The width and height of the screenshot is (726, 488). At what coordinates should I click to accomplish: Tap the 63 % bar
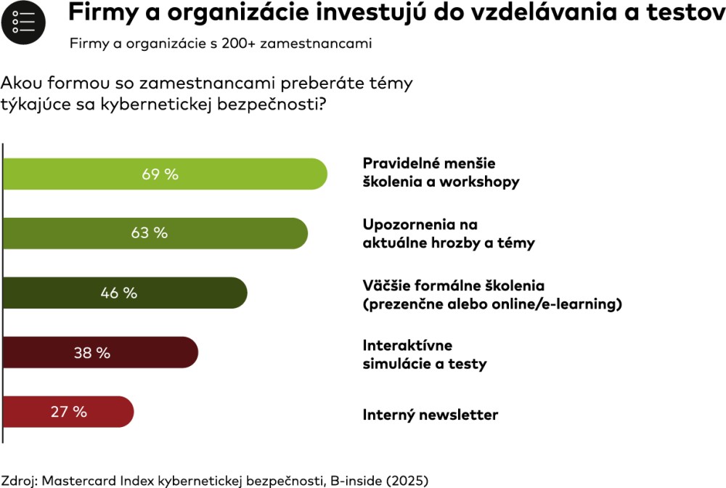click(x=232, y=233)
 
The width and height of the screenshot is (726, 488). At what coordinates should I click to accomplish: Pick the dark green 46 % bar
click(x=189, y=293)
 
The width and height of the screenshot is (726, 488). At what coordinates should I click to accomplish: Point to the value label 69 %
click(x=160, y=174)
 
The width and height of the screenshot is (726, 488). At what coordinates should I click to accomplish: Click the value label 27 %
click(x=69, y=412)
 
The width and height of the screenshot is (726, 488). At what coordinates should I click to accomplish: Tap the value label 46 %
click(x=119, y=293)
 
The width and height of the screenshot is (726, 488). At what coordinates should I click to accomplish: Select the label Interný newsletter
click(x=431, y=415)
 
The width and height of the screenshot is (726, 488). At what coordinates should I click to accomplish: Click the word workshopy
click(x=480, y=182)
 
